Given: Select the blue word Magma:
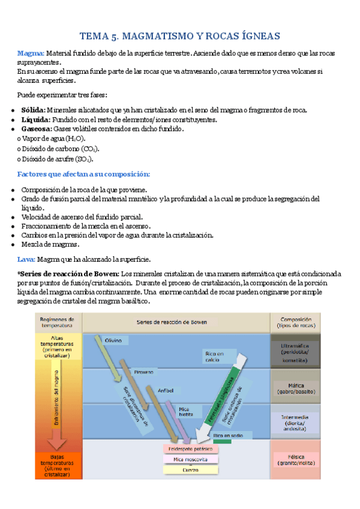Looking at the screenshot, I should (31, 53).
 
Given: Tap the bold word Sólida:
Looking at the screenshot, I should (32, 110).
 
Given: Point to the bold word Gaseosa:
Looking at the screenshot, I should (36, 128).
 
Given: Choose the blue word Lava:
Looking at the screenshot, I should (26, 259).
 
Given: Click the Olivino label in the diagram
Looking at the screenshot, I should (113, 340).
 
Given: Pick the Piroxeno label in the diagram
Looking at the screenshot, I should (143, 372).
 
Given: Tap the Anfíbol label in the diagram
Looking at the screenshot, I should (166, 390).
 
